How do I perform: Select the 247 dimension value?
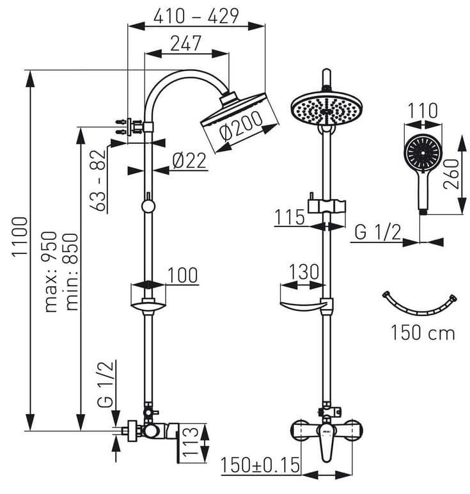(x=186, y=43)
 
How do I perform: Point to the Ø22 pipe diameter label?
(x=190, y=161)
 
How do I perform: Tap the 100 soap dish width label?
(x=182, y=275)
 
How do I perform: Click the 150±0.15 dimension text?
(x=260, y=466)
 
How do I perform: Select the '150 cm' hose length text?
(x=423, y=333)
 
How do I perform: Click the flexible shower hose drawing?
(x=419, y=306)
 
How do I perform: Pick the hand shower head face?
(x=422, y=152)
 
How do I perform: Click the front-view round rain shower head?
(x=326, y=109)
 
